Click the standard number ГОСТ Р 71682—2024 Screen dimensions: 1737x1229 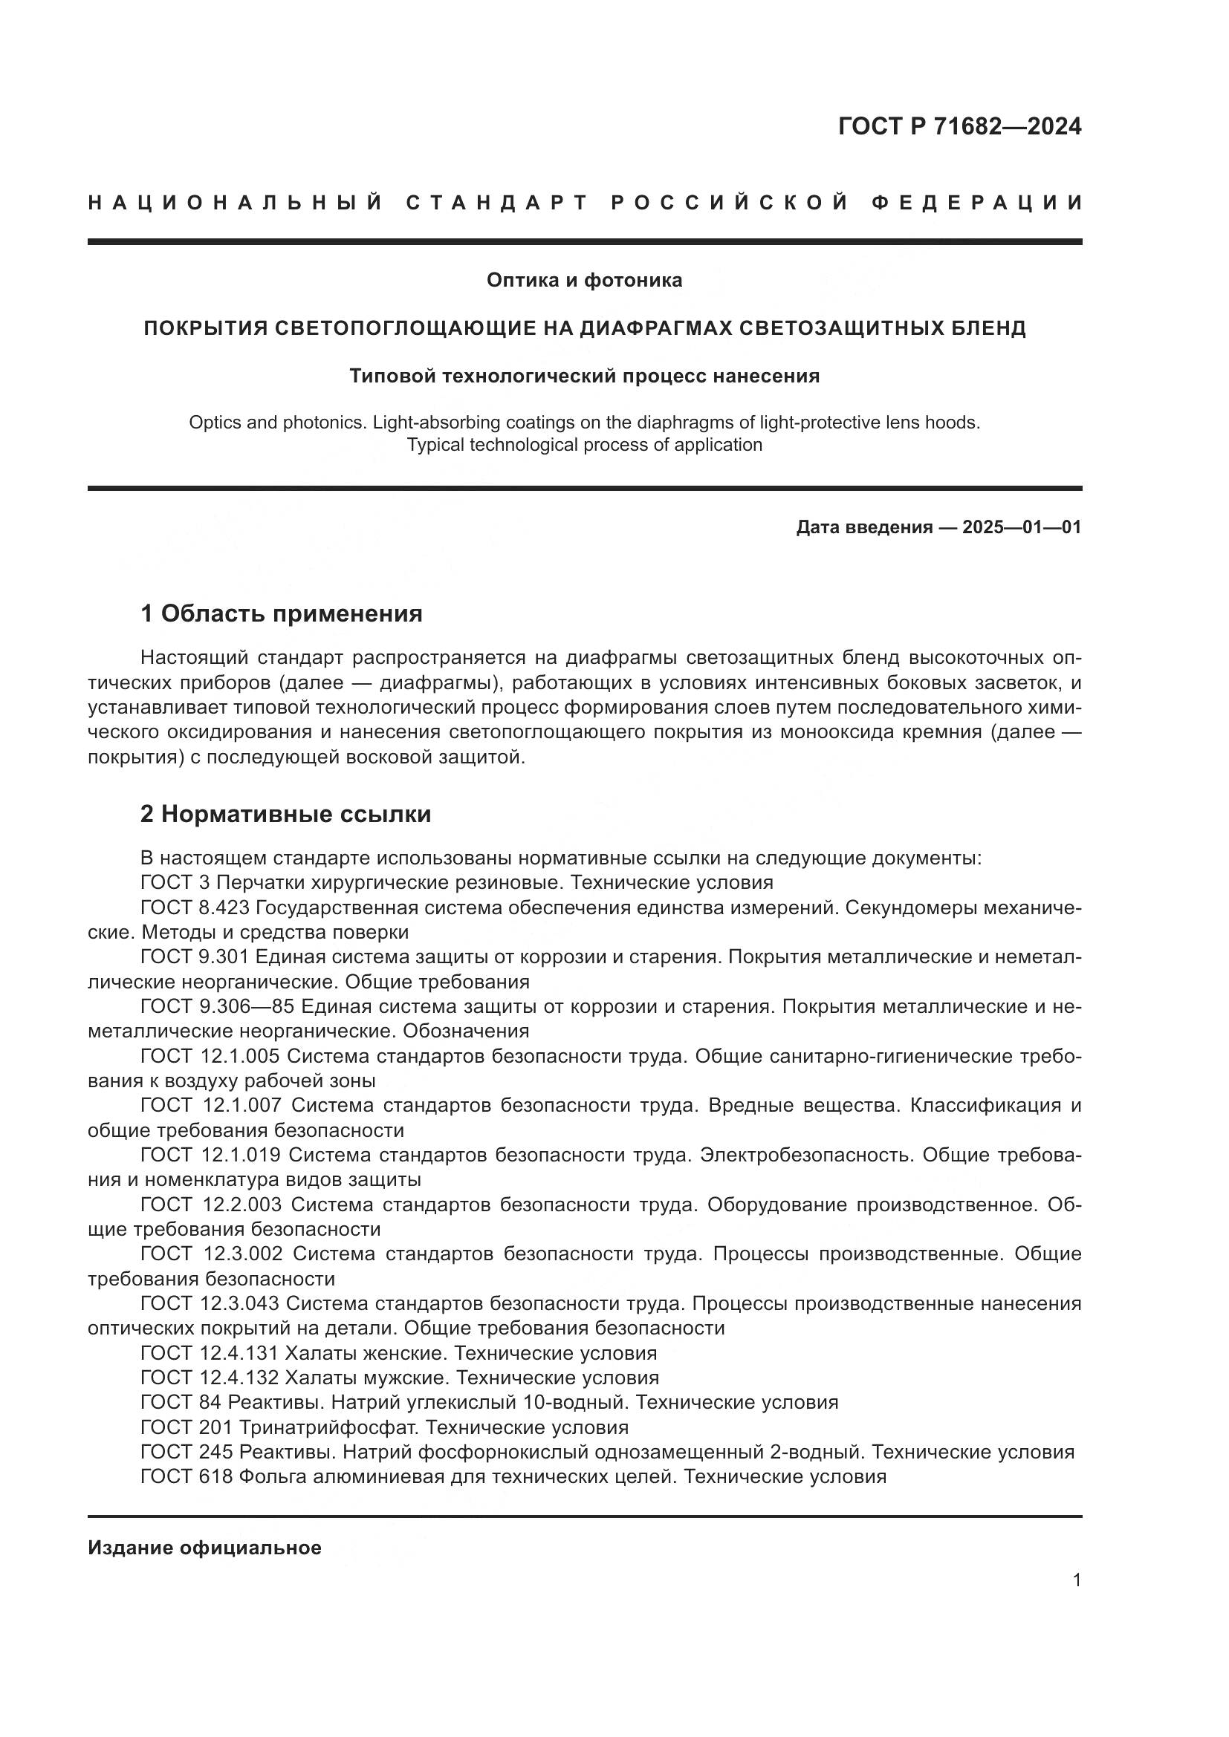pos(959,126)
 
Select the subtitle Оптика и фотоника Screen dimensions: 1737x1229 pos(584,280)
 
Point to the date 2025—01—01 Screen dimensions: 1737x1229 pos(1022,527)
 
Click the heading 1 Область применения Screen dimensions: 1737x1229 pos(282,613)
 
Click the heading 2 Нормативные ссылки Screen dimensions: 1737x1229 pos(286,814)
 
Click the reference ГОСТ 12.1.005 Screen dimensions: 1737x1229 pos(210,1056)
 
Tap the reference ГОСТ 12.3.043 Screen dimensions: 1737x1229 pos(210,1303)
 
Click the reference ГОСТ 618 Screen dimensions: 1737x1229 pos(187,1477)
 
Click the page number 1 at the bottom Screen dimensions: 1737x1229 pos(1076,1580)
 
